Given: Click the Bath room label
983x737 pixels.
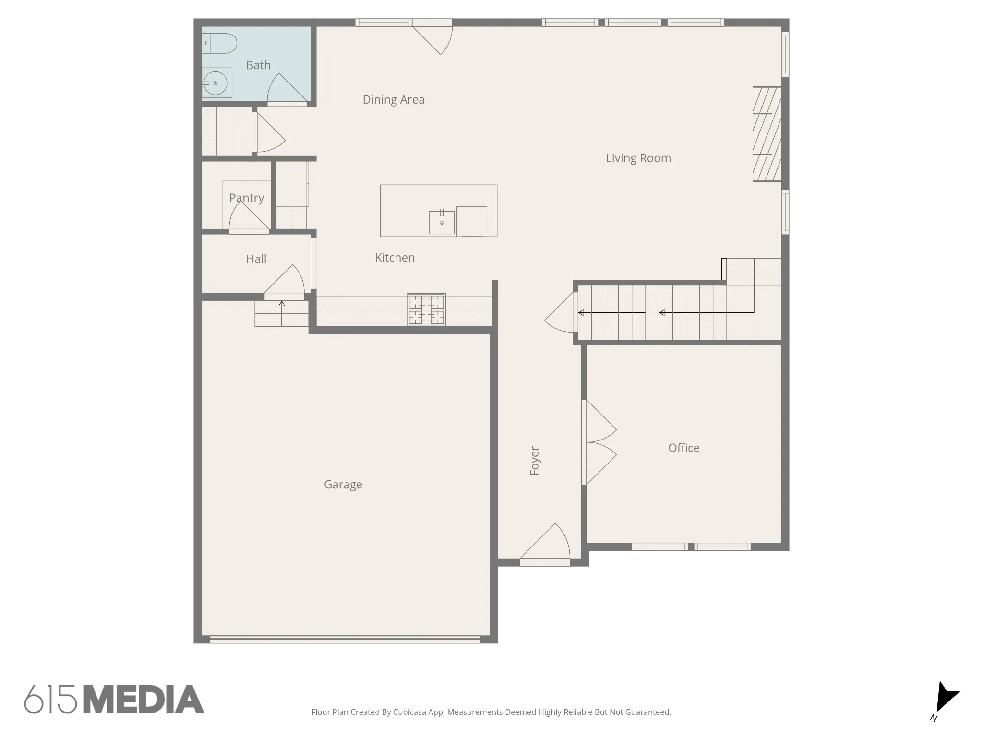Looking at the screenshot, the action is [258, 65].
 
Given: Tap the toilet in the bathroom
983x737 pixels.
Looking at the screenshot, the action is [219, 43].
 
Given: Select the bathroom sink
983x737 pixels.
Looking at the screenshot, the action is [217, 83].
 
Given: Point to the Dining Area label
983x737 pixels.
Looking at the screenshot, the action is [394, 100].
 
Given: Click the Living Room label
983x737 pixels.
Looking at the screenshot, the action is [638, 158].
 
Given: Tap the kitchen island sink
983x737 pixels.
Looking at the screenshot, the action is [442, 222].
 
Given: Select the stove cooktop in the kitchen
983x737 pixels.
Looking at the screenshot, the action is [426, 309].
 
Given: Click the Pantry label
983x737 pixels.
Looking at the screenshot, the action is [247, 198].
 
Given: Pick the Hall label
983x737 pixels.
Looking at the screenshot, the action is [256, 259].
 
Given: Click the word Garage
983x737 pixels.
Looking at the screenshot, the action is [343, 485].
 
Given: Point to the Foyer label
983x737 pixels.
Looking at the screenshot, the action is [535, 461].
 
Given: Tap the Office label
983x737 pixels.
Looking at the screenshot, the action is [684, 448].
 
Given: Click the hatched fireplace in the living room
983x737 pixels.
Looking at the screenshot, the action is [767, 134].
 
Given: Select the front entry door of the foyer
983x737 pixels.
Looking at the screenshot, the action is [545, 545].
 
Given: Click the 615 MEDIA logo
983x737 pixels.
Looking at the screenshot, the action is [114, 699].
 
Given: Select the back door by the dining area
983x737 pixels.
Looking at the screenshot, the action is [432, 37].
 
